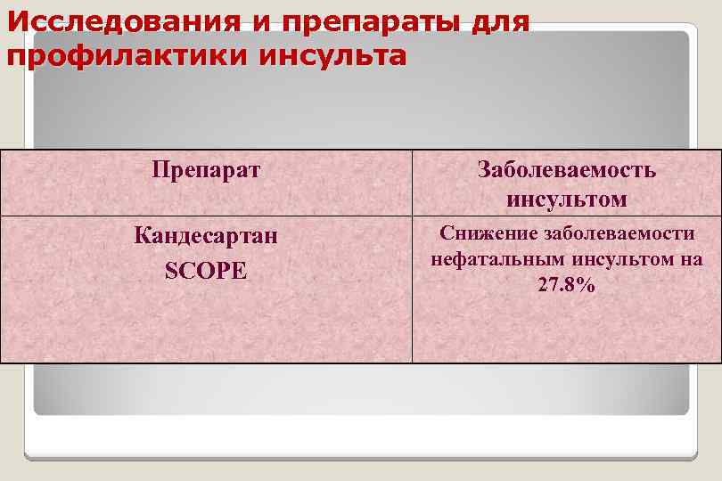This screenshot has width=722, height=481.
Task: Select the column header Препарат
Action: coord(206,169)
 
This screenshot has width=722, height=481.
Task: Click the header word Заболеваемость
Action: coord(567,170)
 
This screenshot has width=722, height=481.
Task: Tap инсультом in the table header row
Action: coord(567,199)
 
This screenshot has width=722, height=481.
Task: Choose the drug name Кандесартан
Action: coord(206,238)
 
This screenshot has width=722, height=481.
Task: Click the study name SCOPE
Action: coord(206,270)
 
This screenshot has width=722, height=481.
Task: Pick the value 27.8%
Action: coord(567,286)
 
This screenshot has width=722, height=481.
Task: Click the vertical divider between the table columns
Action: coord(412,294)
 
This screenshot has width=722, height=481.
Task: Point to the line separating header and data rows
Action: coord(267,216)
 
